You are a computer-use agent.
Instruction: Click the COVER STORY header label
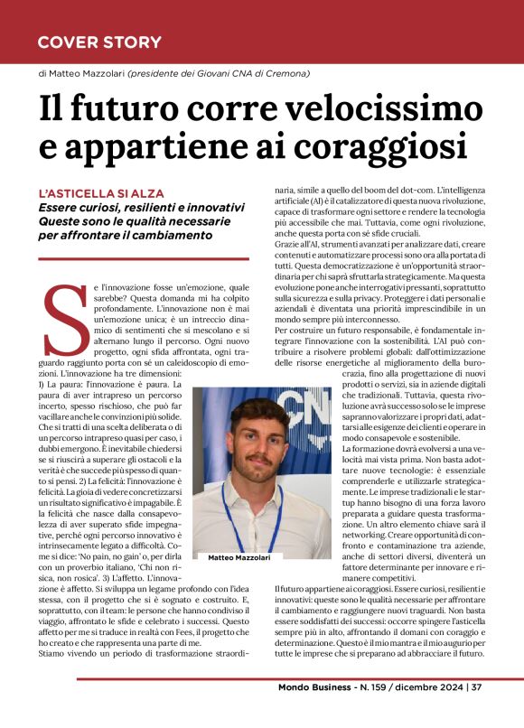pos(99,42)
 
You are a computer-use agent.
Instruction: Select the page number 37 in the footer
pos(476,712)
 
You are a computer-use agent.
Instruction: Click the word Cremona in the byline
pos(284,72)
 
